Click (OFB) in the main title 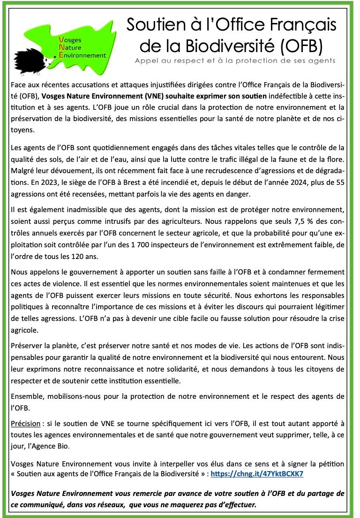300,46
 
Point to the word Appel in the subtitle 145,61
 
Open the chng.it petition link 257,473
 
